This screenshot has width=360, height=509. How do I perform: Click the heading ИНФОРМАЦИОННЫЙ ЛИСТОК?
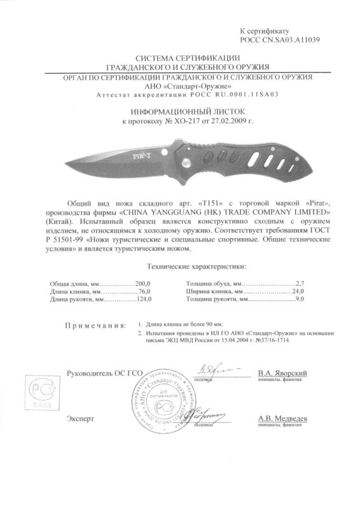coord(179,109)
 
